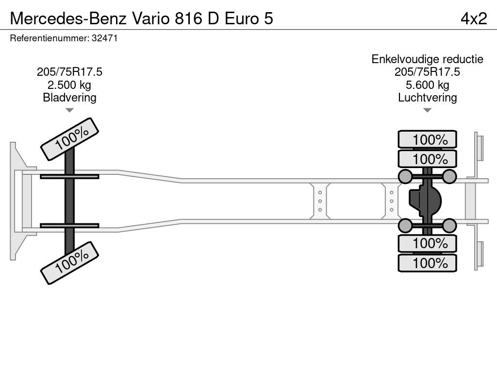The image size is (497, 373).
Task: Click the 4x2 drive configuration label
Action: point(473,18)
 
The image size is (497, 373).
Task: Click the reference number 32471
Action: point(104,38)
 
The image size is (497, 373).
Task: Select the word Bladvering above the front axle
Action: point(69,98)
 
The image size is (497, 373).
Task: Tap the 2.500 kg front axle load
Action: point(69,85)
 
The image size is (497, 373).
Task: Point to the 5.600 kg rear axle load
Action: point(427,85)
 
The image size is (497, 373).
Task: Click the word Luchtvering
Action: point(427,98)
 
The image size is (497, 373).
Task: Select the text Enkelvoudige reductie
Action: point(427,59)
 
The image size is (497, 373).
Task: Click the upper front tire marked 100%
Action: point(69,138)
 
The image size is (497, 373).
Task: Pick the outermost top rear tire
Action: point(427,139)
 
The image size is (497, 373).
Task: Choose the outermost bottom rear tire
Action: point(427,263)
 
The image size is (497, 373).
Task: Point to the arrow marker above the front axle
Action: point(69,110)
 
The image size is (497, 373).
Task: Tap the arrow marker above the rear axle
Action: point(427,110)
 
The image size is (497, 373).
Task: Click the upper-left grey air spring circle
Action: point(405,176)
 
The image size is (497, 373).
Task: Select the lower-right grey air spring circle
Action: point(449,225)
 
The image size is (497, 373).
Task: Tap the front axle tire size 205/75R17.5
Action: point(69,72)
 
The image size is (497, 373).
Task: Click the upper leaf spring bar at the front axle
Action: point(69,176)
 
